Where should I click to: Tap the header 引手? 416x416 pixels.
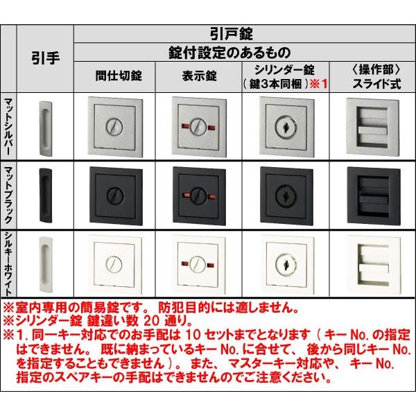point(45,58)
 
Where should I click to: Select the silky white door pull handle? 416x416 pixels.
point(45,264)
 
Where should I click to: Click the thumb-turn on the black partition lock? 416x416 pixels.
point(114,196)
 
